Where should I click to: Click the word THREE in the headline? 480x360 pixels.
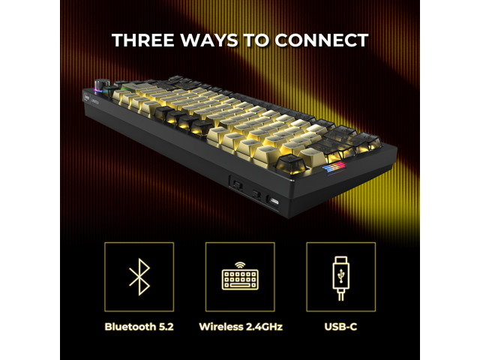pyautogui.click(x=143, y=40)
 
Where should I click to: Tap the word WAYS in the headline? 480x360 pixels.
pyautogui.click(x=209, y=40)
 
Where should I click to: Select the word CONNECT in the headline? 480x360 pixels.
pyautogui.click(x=322, y=40)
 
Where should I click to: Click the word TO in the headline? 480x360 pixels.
pyautogui.click(x=256, y=40)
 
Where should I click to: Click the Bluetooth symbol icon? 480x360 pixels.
pyautogui.click(x=139, y=277)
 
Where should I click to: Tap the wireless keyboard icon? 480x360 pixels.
pyautogui.click(x=240, y=276)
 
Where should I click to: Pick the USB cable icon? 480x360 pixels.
pyautogui.click(x=340, y=278)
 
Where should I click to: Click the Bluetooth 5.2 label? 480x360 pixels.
pyautogui.click(x=139, y=327)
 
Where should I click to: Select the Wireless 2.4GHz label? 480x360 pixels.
pyautogui.click(x=241, y=327)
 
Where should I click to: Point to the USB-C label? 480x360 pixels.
pyautogui.click(x=340, y=327)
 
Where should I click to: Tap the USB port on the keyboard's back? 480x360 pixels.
pyautogui.click(x=274, y=202)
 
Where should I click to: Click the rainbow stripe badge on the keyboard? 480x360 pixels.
pyautogui.click(x=334, y=169)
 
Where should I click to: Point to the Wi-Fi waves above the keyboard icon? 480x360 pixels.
pyautogui.click(x=240, y=265)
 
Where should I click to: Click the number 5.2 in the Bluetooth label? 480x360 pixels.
pyautogui.click(x=166, y=327)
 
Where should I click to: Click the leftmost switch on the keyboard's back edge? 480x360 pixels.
pyautogui.click(x=238, y=185)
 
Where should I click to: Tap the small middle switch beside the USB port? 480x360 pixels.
pyautogui.click(x=256, y=194)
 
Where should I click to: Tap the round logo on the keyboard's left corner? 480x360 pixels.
pyautogui.click(x=87, y=98)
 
